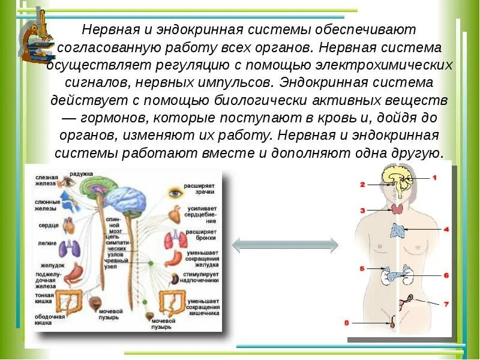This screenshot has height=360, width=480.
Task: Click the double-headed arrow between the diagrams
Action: [x=285, y=244]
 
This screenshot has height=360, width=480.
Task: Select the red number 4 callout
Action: [x=446, y=229]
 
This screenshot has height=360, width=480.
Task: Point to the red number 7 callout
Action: [x=446, y=304]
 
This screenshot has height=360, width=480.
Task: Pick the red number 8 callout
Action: [x=347, y=323]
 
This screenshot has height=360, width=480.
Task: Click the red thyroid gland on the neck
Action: [x=397, y=209]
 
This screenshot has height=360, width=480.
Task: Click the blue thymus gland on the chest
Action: [x=398, y=230]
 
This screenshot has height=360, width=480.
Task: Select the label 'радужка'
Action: [x=81, y=174]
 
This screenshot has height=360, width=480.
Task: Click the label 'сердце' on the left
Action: [x=49, y=226]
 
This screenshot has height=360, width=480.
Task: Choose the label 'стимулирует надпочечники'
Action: [x=202, y=277]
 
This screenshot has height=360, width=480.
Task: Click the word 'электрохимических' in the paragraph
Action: [x=393, y=64]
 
